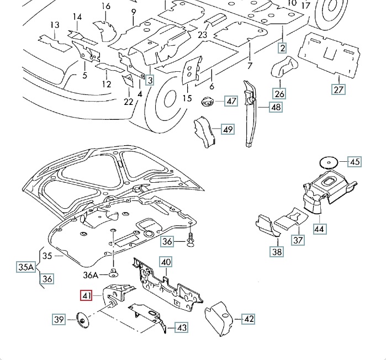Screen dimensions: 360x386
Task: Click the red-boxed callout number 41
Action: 87,297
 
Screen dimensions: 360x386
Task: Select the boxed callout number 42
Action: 248,319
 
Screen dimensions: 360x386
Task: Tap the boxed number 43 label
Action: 181,327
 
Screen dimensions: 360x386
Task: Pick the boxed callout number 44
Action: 320,228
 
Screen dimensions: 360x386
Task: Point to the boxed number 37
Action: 298,240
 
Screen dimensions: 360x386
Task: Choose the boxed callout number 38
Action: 276,252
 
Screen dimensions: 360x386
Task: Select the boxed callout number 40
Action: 166,262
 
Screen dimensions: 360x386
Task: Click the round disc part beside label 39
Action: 84,319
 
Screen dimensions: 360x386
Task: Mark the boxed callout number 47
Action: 230,101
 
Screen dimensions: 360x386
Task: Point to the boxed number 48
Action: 276,108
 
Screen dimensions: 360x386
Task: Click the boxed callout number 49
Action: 228,130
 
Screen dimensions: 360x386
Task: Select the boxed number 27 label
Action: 338,89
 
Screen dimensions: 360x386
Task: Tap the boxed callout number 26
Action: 279,94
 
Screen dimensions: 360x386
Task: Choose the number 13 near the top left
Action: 54,25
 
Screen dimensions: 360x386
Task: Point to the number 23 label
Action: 203,35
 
